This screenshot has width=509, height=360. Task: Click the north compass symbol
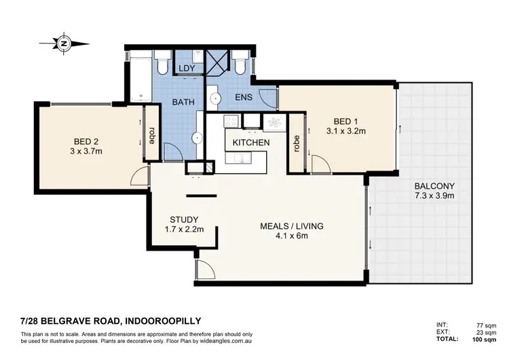(x=64, y=42)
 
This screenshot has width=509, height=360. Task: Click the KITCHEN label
(x=251, y=143)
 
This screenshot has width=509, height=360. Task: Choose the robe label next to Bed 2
(x=153, y=133)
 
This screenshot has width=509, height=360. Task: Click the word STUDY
(x=184, y=219)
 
